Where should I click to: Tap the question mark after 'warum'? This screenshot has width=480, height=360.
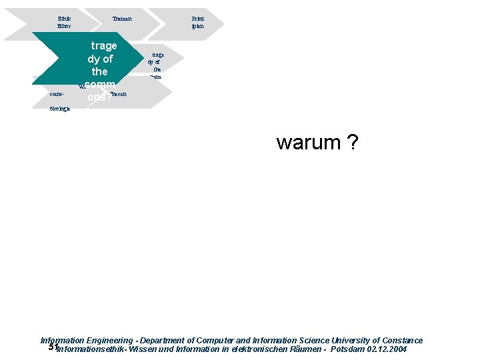[x=352, y=143]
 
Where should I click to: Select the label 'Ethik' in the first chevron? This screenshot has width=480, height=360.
[x=65, y=18]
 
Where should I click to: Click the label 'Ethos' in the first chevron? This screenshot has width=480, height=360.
[x=65, y=26]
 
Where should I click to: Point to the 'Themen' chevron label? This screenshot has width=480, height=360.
[x=122, y=18]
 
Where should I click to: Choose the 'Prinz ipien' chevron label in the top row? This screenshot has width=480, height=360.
[x=197, y=22]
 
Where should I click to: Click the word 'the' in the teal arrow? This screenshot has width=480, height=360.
[x=100, y=71]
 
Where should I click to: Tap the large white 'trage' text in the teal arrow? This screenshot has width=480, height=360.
[x=103, y=45]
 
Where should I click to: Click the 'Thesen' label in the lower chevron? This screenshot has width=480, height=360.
[x=119, y=95]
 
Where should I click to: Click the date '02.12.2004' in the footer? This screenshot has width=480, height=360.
[x=387, y=349]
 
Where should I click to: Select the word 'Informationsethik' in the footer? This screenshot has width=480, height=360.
[x=91, y=349]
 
